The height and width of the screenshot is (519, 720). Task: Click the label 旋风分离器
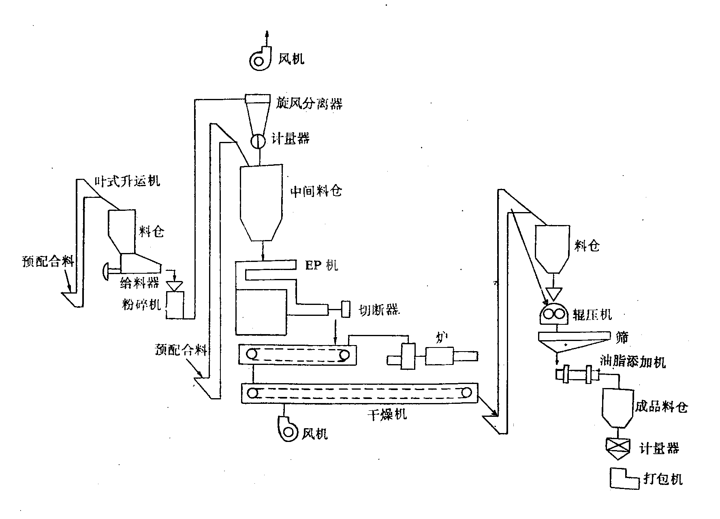tap(309, 103)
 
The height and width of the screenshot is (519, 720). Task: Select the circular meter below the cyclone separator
tap(257, 141)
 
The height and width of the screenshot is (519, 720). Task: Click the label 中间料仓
tap(316, 191)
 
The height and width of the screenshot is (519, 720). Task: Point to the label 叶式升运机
tap(127, 181)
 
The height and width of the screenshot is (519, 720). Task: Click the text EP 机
tap(321, 265)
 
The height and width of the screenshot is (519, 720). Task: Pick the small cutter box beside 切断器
tap(346, 309)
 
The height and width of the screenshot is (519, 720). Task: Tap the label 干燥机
tap(387, 414)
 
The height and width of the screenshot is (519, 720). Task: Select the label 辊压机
tap(592, 314)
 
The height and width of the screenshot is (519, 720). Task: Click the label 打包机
tap(663, 479)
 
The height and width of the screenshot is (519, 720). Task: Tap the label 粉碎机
tap(141, 304)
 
